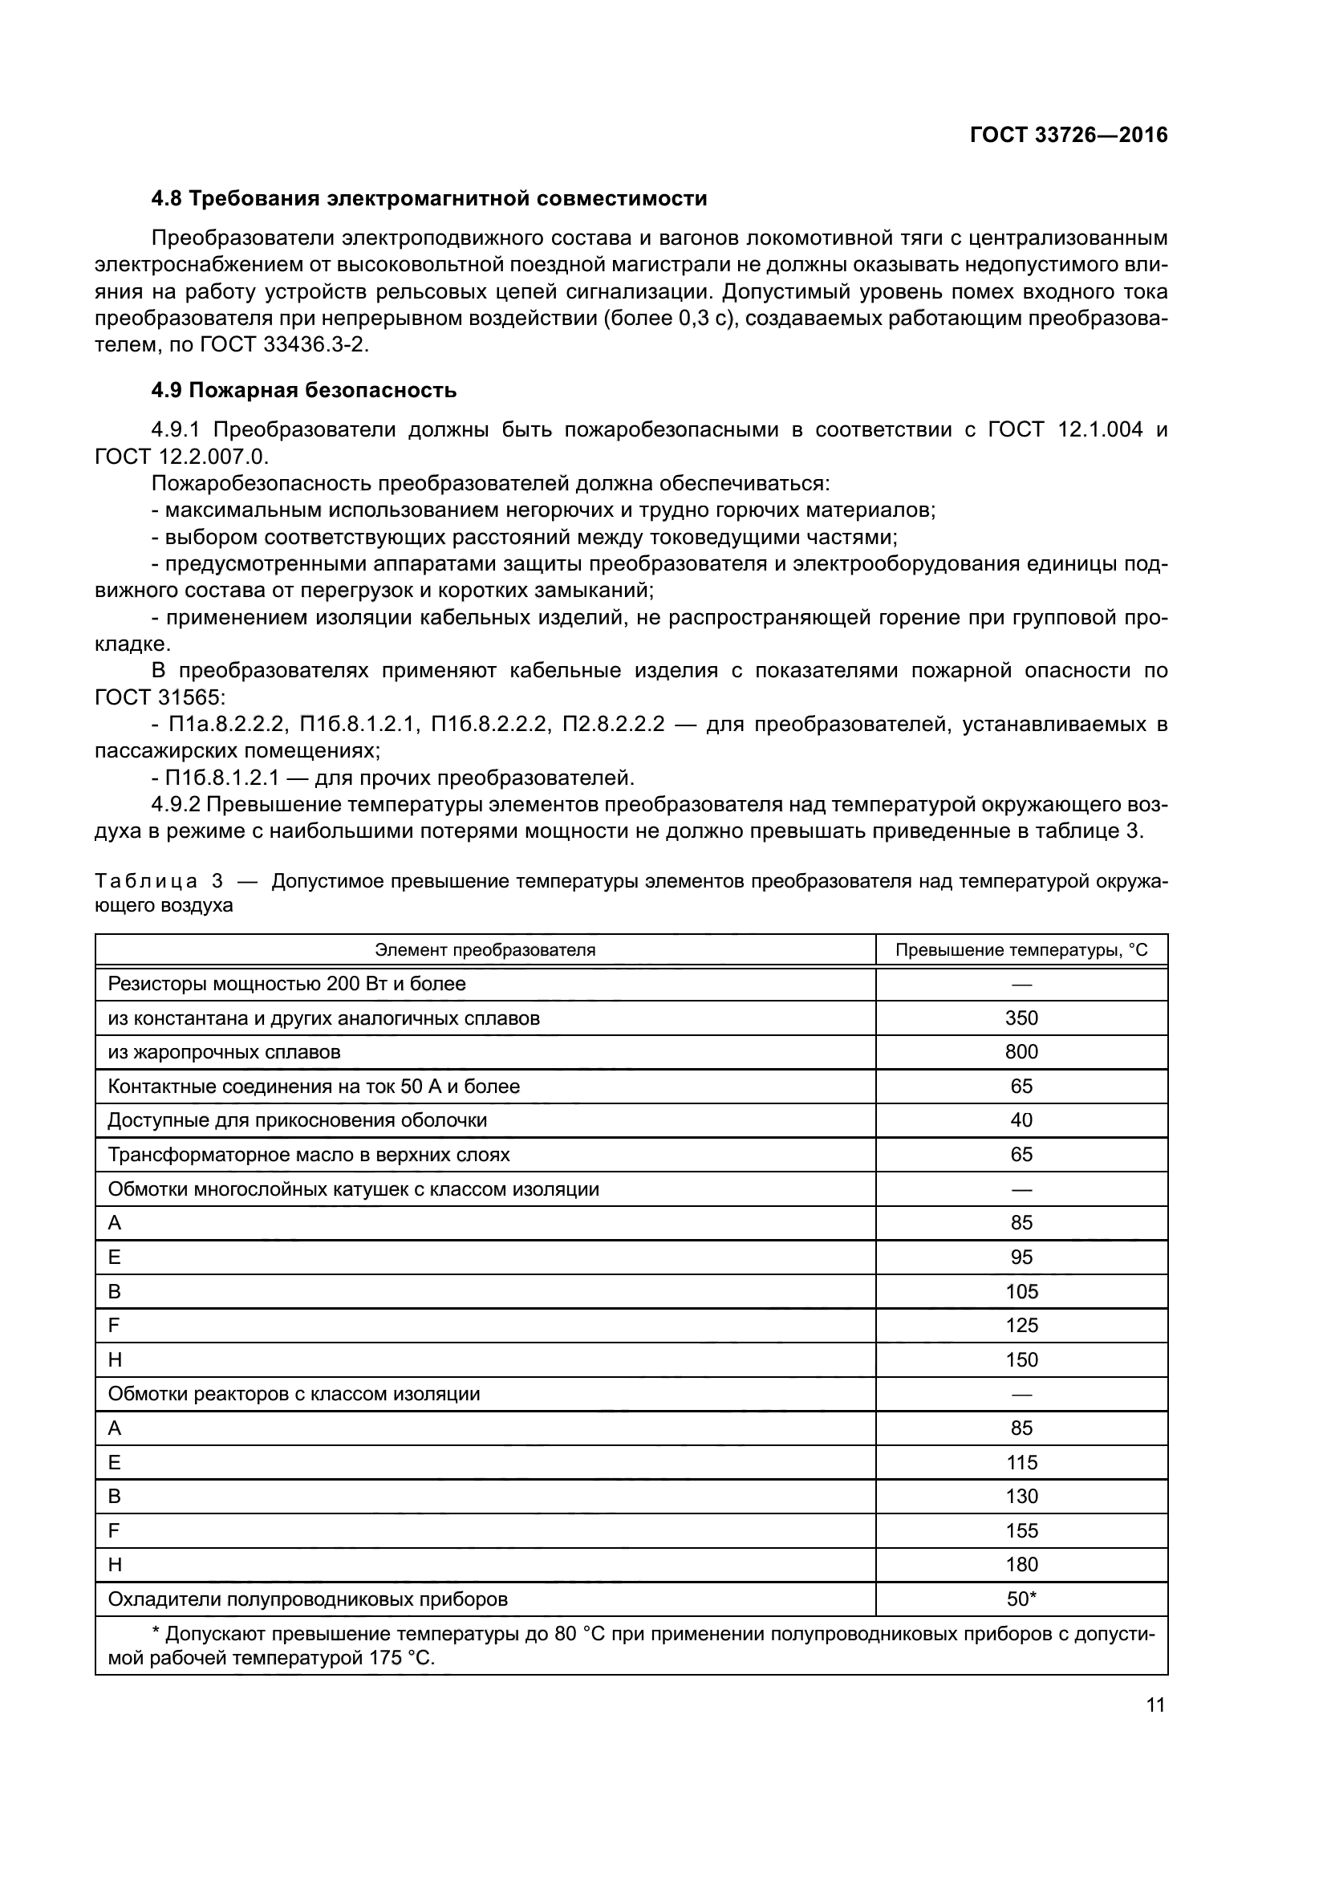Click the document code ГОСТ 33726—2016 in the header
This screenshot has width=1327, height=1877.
[x=1068, y=135]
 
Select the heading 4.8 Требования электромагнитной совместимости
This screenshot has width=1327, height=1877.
[x=429, y=199]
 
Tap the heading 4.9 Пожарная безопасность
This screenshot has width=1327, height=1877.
[x=304, y=391]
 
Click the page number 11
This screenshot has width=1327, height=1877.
[x=1155, y=1704]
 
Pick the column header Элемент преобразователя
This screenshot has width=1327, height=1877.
[x=485, y=950]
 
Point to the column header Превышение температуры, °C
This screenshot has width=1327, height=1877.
[x=1021, y=950]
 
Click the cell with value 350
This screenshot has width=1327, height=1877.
[x=1021, y=1018]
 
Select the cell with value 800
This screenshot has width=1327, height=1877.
[x=1021, y=1052]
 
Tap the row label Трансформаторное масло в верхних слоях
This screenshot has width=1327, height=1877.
[x=309, y=1154]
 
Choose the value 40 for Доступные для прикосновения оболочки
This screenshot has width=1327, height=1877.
[x=1021, y=1120]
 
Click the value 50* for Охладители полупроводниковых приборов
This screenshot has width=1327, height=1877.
[x=1021, y=1599]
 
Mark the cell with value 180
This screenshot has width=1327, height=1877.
[x=1021, y=1564]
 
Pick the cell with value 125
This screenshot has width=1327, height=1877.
[x=1021, y=1325]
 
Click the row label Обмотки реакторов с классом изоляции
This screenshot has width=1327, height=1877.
[x=294, y=1394]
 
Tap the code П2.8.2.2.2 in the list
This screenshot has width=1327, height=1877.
[x=613, y=725]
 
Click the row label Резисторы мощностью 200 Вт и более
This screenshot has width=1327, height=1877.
[x=286, y=984]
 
